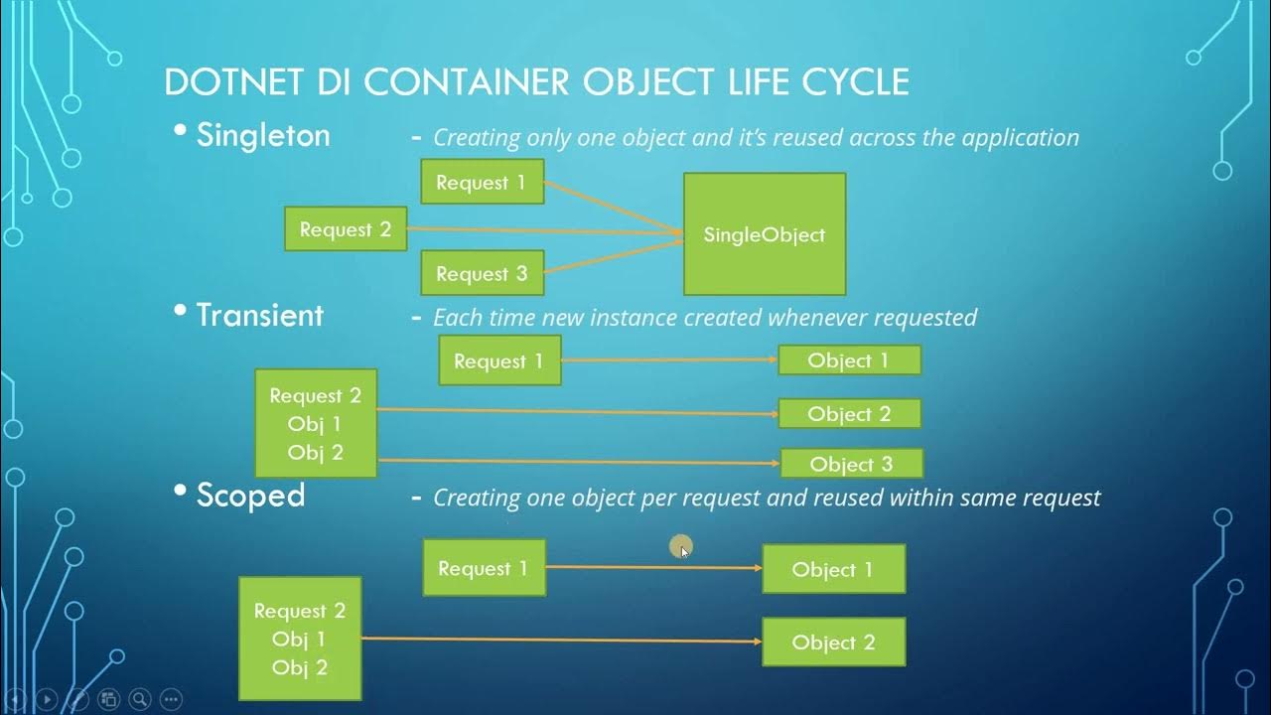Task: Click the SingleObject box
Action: (764, 234)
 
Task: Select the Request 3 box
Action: (482, 273)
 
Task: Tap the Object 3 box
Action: (851, 464)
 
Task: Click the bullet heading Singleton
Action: (263, 135)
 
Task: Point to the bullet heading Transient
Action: (259, 315)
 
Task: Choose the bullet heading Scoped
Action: (250, 495)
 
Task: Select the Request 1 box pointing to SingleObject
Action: (482, 182)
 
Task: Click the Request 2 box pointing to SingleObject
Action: (345, 229)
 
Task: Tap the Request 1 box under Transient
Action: (498, 360)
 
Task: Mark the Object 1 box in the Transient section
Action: (849, 360)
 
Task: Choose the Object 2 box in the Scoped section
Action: (833, 643)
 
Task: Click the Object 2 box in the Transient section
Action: (849, 413)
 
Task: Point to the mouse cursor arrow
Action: (683, 550)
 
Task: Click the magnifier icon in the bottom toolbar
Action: (140, 699)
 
